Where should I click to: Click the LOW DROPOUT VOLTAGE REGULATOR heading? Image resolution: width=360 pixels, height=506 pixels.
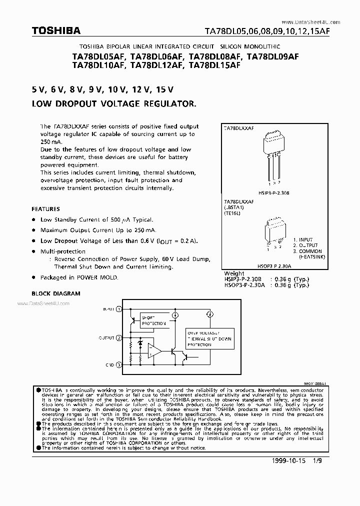[114, 104]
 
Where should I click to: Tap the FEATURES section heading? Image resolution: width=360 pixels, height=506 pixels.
[45, 209]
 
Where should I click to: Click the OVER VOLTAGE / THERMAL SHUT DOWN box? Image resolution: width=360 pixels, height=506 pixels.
[209, 338]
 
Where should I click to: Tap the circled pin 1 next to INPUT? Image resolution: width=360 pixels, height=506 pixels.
[118, 309]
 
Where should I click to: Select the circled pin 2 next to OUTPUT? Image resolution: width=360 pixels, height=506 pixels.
[118, 338]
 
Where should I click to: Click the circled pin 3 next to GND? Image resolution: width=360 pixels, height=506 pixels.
[118, 365]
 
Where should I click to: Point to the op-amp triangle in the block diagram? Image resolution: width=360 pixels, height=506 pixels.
[155, 352]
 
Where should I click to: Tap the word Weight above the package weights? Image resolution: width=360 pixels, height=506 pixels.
[234, 273]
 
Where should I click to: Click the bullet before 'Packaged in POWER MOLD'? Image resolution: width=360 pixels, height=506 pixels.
[33, 277]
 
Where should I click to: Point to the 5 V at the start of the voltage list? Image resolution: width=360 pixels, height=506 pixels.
[39, 90]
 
